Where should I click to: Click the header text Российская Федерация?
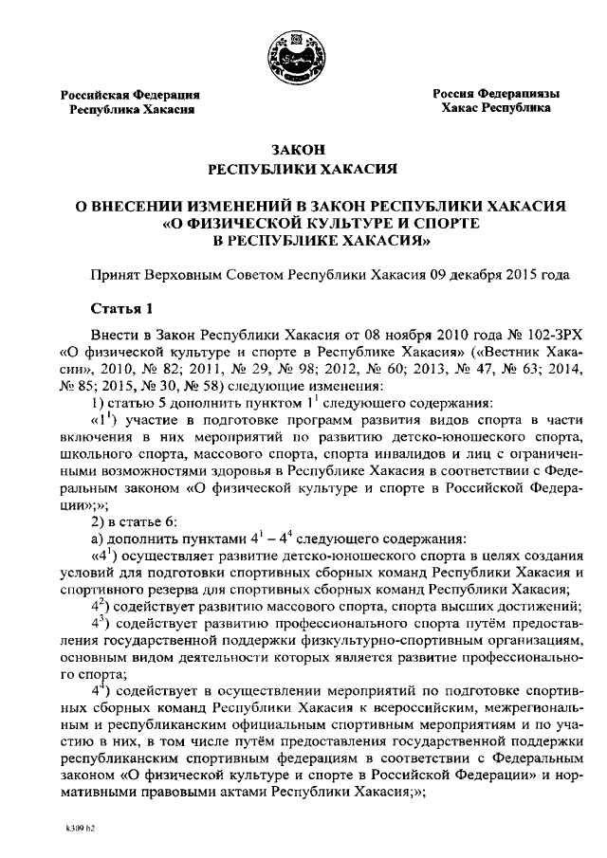pos(130,95)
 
